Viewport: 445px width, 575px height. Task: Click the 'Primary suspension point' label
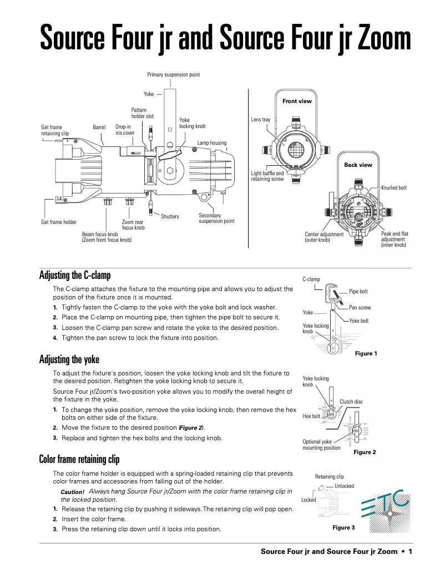173,74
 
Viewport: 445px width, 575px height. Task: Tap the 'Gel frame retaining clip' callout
55,130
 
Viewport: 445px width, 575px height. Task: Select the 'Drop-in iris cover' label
125,130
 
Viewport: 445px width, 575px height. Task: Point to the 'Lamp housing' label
212,143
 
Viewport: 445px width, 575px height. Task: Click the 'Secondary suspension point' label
216,218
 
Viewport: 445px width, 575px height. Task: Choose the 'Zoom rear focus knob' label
133,225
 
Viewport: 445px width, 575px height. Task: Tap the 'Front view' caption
297,101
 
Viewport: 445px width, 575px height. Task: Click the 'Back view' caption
358,165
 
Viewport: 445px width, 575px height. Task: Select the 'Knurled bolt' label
394,188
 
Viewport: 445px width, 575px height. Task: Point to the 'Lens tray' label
261,120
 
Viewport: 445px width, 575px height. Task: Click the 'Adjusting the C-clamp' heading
75,276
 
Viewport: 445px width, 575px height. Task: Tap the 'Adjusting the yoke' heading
69,360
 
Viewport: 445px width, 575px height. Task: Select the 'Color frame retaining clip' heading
79,459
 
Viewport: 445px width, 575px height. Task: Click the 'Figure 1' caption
366,353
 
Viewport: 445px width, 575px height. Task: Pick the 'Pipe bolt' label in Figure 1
358,291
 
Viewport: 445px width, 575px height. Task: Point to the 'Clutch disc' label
351,401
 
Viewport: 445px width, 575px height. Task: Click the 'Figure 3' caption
343,527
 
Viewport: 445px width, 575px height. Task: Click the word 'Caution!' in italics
72,492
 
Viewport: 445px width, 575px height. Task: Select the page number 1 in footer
409,551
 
